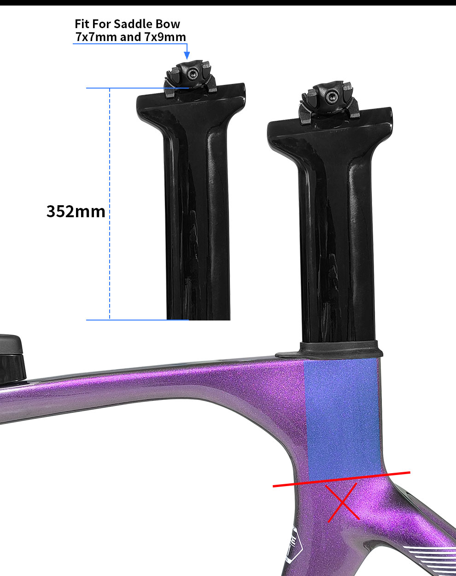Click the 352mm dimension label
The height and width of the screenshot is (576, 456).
coord(76,212)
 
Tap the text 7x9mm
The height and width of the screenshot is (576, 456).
coord(165,37)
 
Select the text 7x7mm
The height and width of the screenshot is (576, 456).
coord(96,37)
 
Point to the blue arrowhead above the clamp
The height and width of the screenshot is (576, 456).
coord(187,55)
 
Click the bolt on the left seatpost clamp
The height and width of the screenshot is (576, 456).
coord(192,72)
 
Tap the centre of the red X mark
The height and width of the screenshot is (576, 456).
coord(343,503)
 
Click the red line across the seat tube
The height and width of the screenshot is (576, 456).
coord(299,483)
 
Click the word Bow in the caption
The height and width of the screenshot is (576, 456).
coord(169,24)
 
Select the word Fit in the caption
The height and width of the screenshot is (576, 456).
coord(82,24)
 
